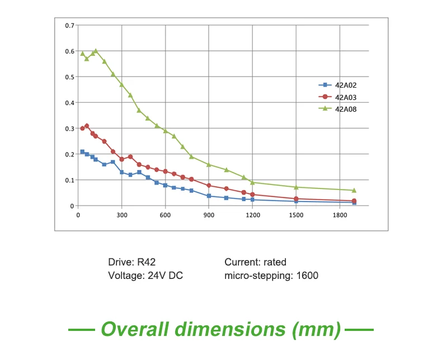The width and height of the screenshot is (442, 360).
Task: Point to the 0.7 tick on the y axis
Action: click(x=70, y=26)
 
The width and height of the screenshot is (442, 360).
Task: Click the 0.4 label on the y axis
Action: click(x=70, y=103)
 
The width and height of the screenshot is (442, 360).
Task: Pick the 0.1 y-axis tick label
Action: click(x=70, y=180)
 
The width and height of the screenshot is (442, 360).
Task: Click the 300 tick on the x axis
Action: click(x=121, y=215)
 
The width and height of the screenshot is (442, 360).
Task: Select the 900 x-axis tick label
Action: click(x=209, y=215)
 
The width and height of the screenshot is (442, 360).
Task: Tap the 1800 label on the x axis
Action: click(x=340, y=215)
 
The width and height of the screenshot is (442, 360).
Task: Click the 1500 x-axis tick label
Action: click(x=296, y=215)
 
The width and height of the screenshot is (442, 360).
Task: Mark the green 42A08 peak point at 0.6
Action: click(x=96, y=51)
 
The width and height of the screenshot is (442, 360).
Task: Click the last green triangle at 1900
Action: click(x=354, y=190)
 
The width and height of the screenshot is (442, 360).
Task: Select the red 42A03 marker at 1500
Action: click(x=296, y=198)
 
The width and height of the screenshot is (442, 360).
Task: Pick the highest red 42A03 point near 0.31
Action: click(x=87, y=126)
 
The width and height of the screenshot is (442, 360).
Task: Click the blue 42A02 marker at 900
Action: click(x=209, y=196)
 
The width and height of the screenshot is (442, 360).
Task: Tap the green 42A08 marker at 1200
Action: click(x=252, y=182)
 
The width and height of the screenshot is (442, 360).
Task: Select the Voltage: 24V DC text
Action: click(x=145, y=276)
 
